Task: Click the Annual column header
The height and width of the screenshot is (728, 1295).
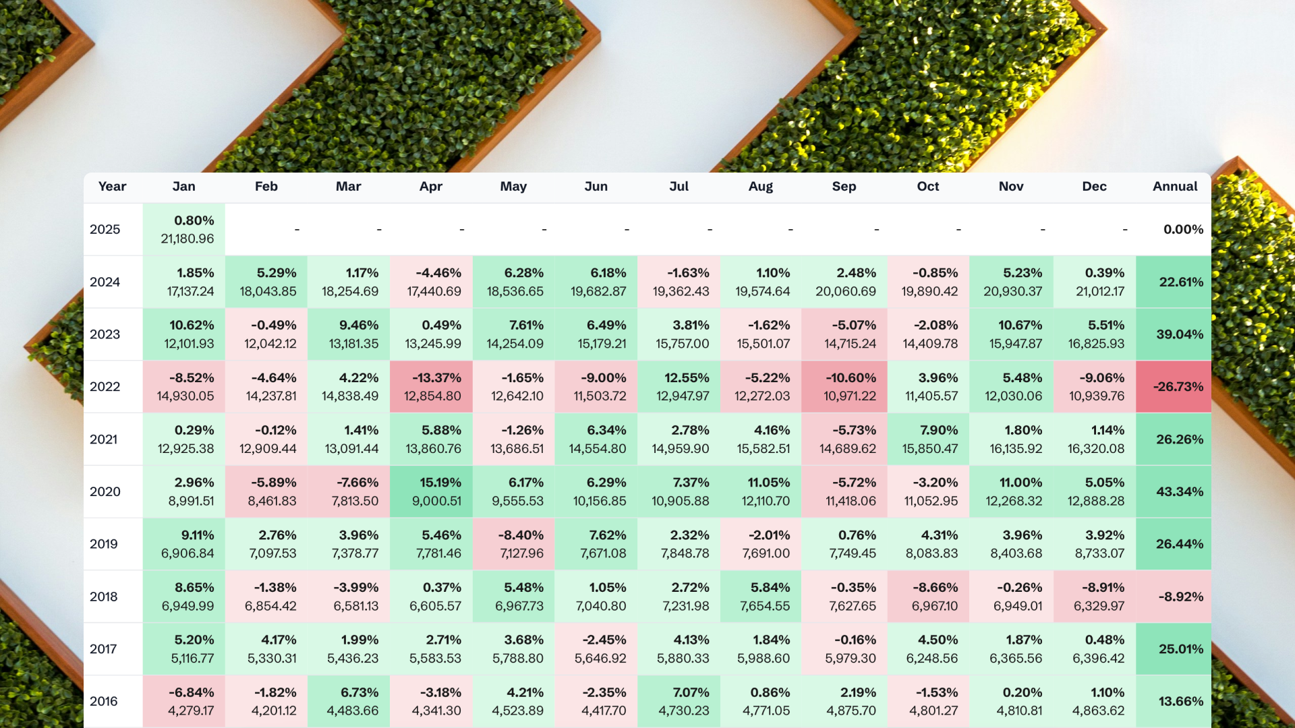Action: (x=1174, y=187)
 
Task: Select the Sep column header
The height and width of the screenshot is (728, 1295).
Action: (x=844, y=187)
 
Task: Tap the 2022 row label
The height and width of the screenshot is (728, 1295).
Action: (x=105, y=387)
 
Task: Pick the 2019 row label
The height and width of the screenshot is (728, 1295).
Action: (x=104, y=544)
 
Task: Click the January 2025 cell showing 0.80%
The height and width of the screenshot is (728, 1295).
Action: (x=184, y=229)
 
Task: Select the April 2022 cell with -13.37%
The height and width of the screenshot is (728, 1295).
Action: (x=432, y=387)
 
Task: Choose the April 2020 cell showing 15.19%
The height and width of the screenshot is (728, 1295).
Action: (x=432, y=491)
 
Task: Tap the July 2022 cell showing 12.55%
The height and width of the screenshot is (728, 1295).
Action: (x=679, y=387)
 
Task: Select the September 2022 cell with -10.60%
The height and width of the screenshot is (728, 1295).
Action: (x=844, y=387)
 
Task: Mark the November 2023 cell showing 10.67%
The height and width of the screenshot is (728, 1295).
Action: (x=1012, y=334)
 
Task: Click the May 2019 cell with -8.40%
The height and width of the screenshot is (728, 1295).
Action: (x=514, y=544)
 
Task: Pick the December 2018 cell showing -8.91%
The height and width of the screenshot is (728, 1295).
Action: (x=1095, y=597)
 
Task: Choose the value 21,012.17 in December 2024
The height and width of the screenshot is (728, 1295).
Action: (x=1096, y=291)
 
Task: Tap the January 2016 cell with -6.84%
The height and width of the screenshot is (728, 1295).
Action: (x=184, y=701)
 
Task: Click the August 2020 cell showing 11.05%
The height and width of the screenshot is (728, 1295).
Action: (x=761, y=491)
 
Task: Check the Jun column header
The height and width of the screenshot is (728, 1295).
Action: (x=596, y=187)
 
